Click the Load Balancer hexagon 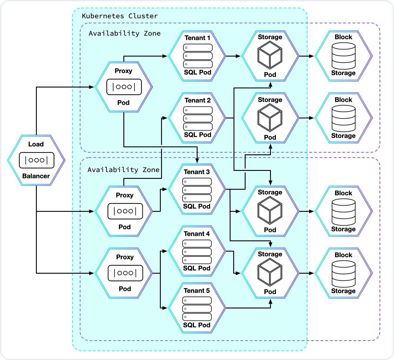click(36, 160)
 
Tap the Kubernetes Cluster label click(120, 16)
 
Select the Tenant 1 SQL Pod click(197, 56)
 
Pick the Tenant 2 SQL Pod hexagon click(197, 118)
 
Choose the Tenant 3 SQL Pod click(196, 189)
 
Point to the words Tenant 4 click(196, 234)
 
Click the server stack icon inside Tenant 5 click(197, 309)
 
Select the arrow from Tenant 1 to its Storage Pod click(234, 56)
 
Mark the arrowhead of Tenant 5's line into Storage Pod click(270, 302)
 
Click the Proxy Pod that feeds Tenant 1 click(124, 87)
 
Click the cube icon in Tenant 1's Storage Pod click(270, 55)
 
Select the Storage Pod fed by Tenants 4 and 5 click(270, 273)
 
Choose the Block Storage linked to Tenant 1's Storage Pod click(343, 56)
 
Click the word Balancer click(36, 176)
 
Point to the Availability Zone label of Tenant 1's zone click(125, 34)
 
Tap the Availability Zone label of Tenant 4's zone click(123, 170)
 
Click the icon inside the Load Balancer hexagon click(37, 160)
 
